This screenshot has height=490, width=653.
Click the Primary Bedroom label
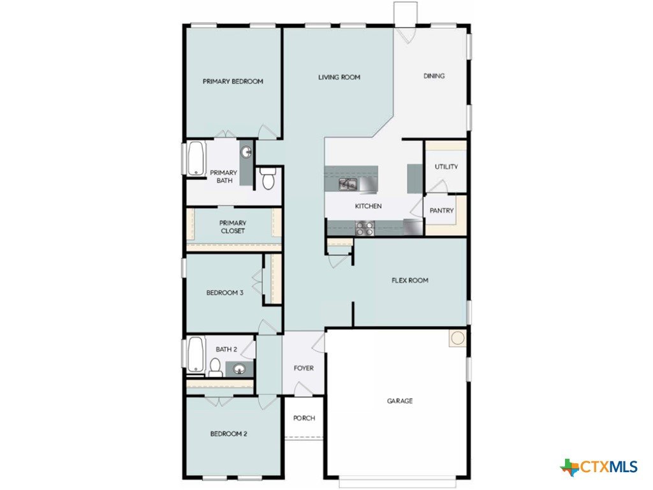coord(233,81)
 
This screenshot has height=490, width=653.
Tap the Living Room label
coord(339,77)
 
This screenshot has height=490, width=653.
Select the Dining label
coord(434,76)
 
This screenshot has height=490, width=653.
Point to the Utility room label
coord(446,167)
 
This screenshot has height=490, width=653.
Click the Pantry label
coord(441,211)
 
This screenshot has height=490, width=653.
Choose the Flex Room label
coord(410,281)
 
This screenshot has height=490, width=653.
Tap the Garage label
coord(400,401)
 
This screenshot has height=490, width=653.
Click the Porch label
coord(304,418)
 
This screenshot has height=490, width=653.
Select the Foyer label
coord(304,368)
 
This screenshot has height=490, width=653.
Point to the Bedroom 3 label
coord(225,293)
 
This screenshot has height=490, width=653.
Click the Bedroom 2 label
coord(229,434)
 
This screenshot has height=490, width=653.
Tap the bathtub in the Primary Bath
coord(196,159)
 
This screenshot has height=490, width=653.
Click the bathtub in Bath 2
coord(196,354)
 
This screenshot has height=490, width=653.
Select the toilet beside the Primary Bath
coord(267,179)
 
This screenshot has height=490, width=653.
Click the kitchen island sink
coord(348,184)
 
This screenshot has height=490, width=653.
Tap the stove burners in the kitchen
coord(364,228)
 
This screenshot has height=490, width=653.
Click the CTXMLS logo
coord(599,466)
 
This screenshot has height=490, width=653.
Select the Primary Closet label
coord(233,226)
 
